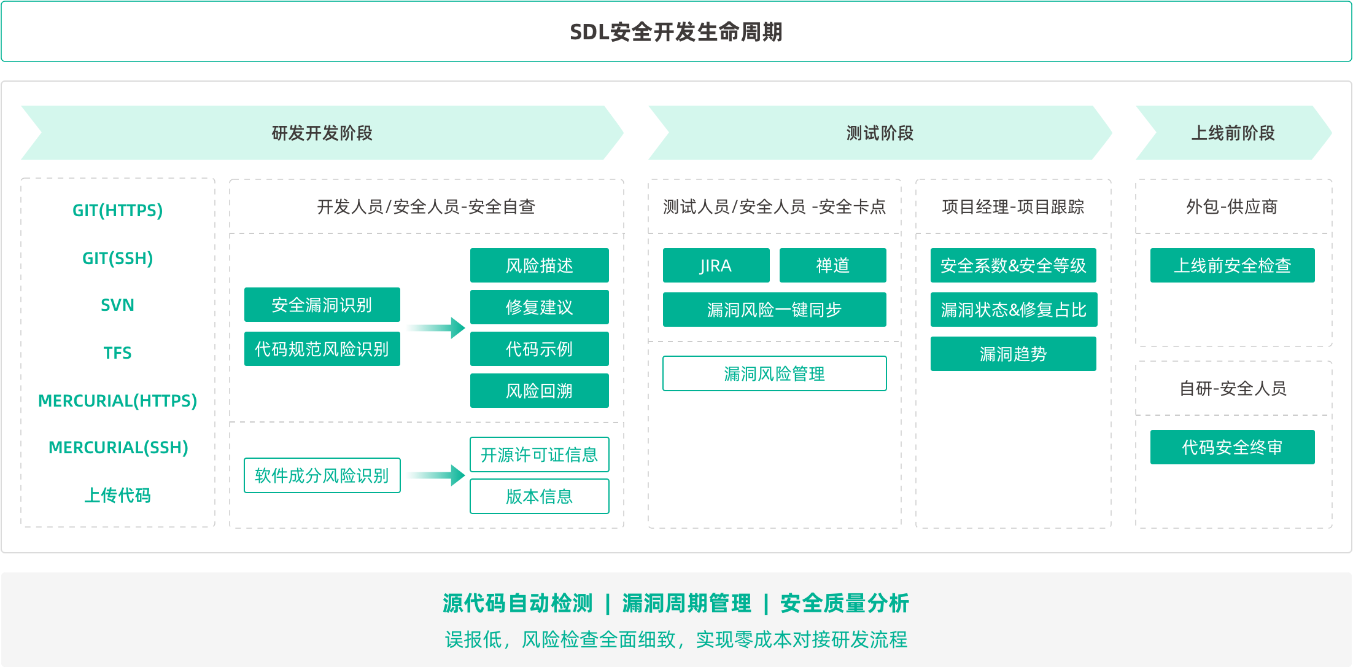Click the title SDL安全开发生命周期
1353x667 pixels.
point(676,32)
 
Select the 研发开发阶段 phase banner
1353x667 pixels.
point(322,133)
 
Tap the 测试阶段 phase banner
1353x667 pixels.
point(880,133)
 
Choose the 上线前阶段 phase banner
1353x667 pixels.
point(1233,133)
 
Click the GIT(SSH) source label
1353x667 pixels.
point(117,258)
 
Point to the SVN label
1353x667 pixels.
point(117,305)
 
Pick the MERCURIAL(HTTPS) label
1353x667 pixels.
point(117,400)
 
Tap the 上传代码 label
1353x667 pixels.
point(117,495)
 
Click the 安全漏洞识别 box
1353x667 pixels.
point(322,305)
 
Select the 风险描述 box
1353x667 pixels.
point(539,265)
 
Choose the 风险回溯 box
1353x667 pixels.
point(539,391)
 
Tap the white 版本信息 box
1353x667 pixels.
point(539,496)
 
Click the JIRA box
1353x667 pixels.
point(716,265)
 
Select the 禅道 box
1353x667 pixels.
point(832,265)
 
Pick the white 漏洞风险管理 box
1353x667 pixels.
point(774,373)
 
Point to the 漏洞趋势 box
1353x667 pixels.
point(1013,354)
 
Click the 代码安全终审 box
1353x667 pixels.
point(1232,447)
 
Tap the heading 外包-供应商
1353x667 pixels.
point(1232,207)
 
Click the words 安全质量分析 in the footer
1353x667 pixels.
point(844,603)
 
